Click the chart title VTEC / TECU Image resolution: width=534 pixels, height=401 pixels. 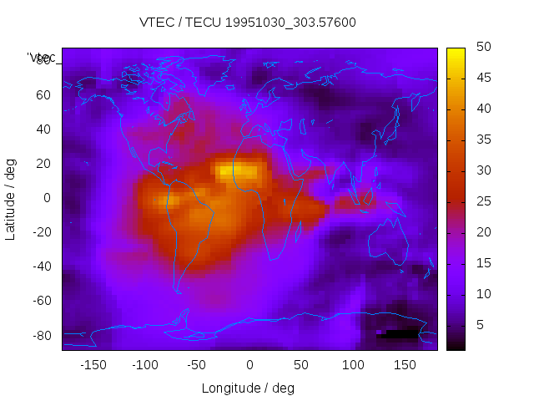(x=248, y=23)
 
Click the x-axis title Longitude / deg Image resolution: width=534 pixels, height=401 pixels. (x=248, y=388)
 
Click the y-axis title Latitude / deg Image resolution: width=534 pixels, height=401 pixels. (x=11, y=198)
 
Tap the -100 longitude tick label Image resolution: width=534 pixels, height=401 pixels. (x=144, y=365)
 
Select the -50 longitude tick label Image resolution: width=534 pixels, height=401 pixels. (x=197, y=365)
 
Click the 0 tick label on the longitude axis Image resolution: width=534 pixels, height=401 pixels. (x=249, y=365)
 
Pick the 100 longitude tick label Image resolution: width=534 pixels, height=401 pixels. (x=353, y=365)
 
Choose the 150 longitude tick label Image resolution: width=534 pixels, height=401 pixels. (x=405, y=365)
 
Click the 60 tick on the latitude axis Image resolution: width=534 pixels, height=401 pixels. (x=43, y=94)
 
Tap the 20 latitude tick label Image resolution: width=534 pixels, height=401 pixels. (x=43, y=164)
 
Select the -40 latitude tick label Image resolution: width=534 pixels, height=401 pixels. (x=41, y=266)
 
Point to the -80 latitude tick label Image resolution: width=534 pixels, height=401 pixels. (x=41, y=336)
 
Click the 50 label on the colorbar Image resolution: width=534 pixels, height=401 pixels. (x=482, y=48)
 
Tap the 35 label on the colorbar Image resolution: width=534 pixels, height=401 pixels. (x=482, y=140)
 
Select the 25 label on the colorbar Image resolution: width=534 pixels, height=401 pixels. (x=482, y=201)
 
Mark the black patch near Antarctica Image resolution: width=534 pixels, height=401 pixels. (x=400, y=333)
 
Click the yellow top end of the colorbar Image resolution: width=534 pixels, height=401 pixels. (x=456, y=53)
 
